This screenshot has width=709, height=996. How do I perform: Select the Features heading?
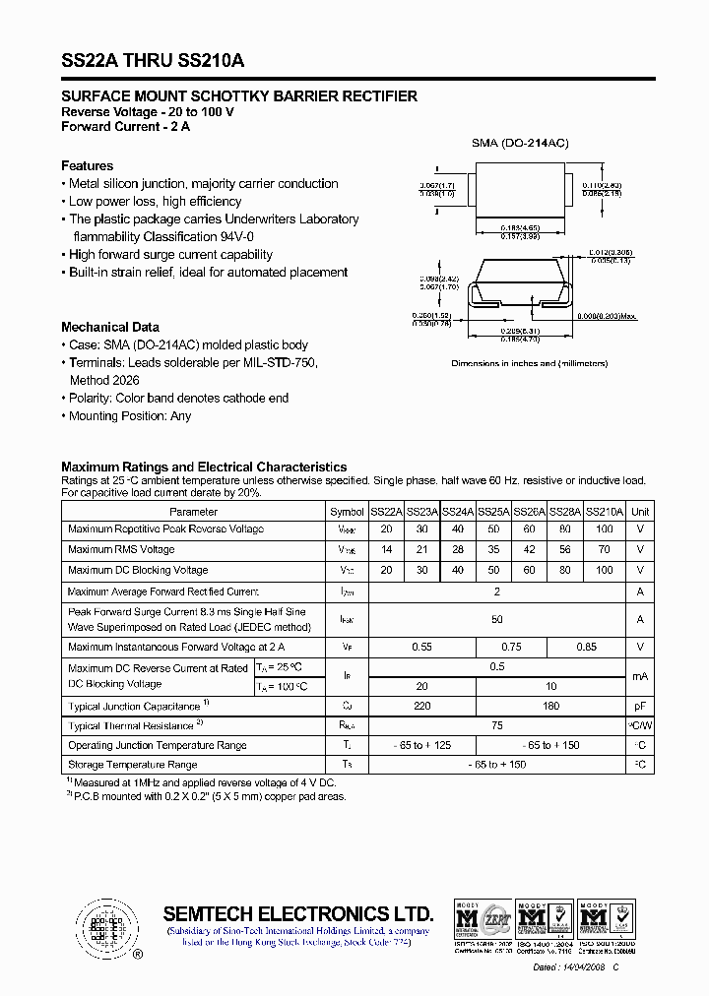pyautogui.click(x=87, y=165)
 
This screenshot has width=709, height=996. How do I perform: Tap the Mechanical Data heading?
pyautogui.click(x=110, y=327)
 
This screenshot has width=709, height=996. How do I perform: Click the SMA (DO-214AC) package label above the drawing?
pyautogui.click(x=520, y=144)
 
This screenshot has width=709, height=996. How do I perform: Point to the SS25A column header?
pyautogui.click(x=493, y=512)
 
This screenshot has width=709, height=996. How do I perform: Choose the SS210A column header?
pyautogui.click(x=605, y=512)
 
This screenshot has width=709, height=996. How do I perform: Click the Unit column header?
pyautogui.click(x=640, y=512)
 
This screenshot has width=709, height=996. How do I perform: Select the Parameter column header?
pyautogui.click(x=194, y=512)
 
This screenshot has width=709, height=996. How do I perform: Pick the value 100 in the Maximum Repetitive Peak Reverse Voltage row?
pyautogui.click(x=605, y=529)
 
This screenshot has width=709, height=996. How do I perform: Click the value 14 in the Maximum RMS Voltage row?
pyautogui.click(x=386, y=550)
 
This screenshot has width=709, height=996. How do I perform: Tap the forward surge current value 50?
pyautogui.click(x=497, y=619)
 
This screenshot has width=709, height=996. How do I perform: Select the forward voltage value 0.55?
pyautogui.click(x=421, y=647)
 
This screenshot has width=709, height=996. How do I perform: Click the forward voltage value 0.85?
pyautogui.click(x=586, y=647)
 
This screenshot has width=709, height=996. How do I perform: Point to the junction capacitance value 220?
pyautogui.click(x=421, y=706)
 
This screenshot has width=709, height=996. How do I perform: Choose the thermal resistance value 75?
pyautogui.click(x=497, y=725)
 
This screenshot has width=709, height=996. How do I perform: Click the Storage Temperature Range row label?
pyautogui.click(x=133, y=765)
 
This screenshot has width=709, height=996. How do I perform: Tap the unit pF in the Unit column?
pyautogui.click(x=640, y=706)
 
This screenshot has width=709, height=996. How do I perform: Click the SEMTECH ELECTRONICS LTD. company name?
pyautogui.click(x=297, y=912)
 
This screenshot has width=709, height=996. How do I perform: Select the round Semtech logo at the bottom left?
pyautogui.click(x=102, y=926)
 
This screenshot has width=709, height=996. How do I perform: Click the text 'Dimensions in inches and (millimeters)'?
pyautogui.click(x=529, y=363)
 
